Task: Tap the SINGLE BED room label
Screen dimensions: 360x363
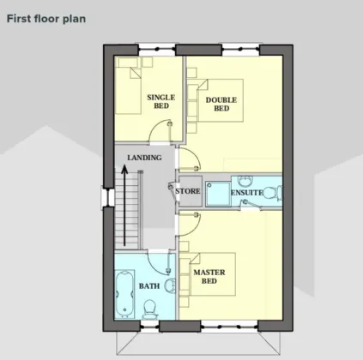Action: tap(161, 101)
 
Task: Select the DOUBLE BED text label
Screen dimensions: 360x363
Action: tap(221, 104)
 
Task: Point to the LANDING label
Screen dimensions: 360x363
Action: tap(143, 159)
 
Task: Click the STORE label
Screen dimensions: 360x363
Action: tap(188, 191)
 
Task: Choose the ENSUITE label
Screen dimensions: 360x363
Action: tap(246, 193)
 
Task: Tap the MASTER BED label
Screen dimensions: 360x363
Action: tap(209, 276)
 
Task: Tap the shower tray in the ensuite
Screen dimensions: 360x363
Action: tap(216, 193)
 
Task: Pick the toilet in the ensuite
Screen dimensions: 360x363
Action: tap(273, 191)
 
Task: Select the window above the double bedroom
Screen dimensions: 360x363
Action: tap(233, 45)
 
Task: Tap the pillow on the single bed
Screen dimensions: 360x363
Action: tap(126, 69)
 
